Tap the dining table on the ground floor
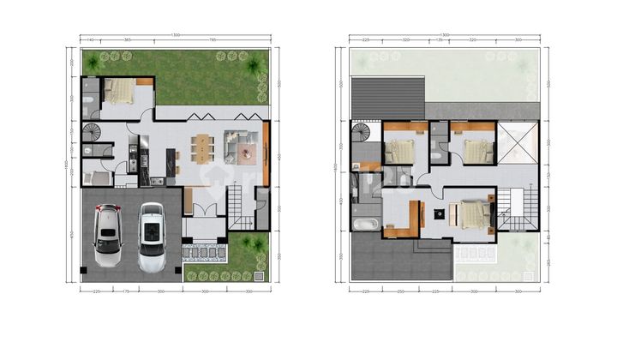[x=202, y=148]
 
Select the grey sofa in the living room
[x=236, y=145]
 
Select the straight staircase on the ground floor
[x=236, y=208]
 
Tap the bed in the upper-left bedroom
[x=399, y=150]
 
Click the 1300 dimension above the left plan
[x=175, y=35]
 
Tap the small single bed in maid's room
[x=98, y=178]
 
